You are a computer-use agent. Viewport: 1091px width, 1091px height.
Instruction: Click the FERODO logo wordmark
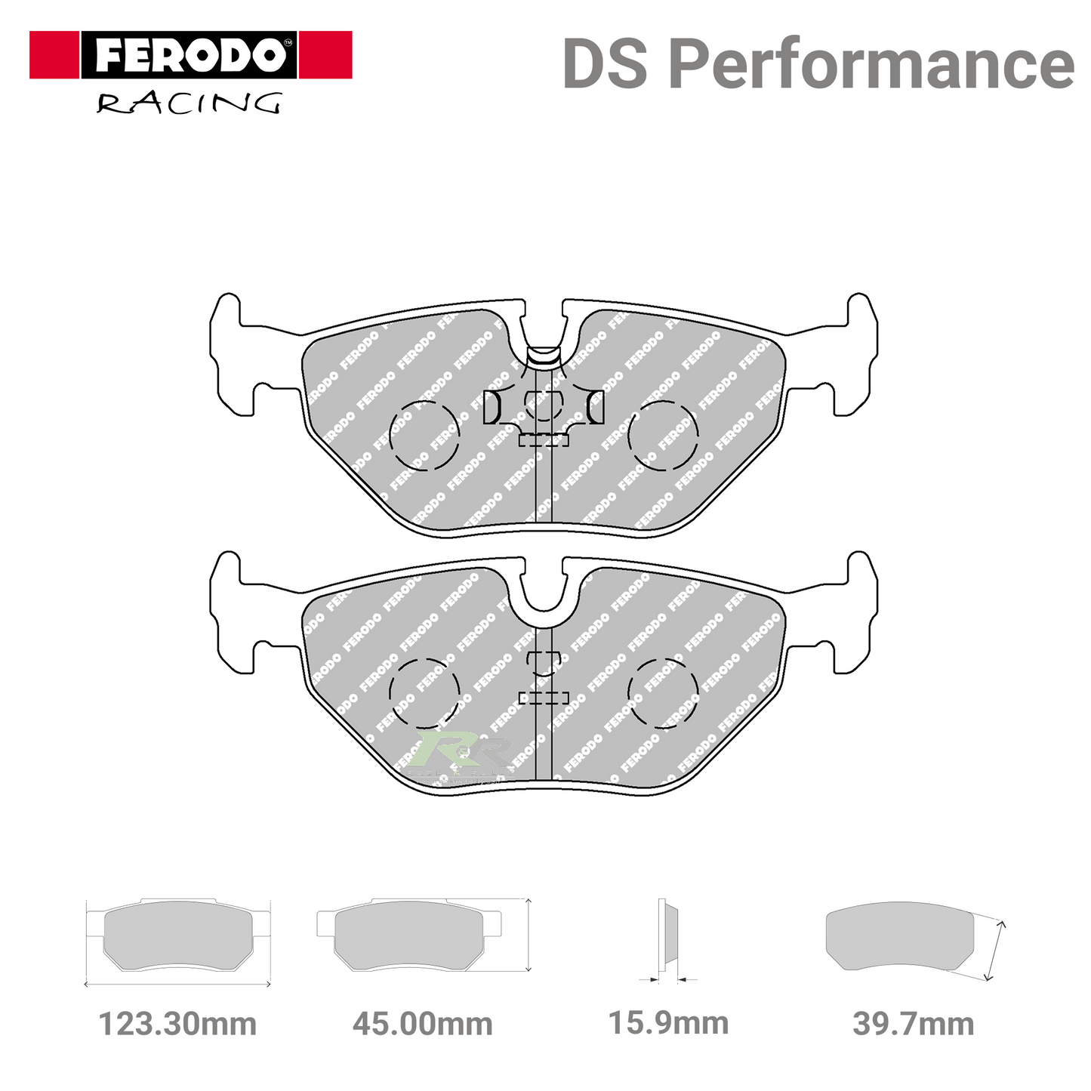190,55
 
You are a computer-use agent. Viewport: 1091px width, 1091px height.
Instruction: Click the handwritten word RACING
189,103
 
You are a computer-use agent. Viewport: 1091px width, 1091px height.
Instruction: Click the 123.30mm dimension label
178,1025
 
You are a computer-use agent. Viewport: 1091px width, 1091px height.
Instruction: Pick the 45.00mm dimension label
423,1025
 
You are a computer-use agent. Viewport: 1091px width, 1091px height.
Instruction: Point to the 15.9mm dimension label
669,1024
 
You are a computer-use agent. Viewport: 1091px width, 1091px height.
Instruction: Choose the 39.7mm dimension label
914,1025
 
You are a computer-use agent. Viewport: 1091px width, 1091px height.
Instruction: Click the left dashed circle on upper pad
424,436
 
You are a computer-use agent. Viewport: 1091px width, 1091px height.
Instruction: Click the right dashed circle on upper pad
664,436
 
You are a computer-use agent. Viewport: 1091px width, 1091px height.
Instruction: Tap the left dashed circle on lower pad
424,693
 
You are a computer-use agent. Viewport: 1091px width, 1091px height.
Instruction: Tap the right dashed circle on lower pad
664,693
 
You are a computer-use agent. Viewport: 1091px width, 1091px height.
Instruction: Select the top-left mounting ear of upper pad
227,317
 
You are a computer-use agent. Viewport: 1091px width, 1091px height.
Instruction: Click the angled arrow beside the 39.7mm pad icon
995,951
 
